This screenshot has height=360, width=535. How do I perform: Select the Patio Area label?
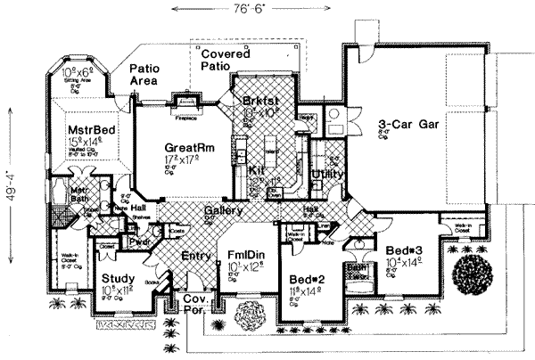(x=144, y=74)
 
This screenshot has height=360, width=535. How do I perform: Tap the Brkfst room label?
(x=259, y=103)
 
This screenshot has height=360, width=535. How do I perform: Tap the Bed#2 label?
(x=302, y=279)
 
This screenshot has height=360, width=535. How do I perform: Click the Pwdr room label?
(x=138, y=241)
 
